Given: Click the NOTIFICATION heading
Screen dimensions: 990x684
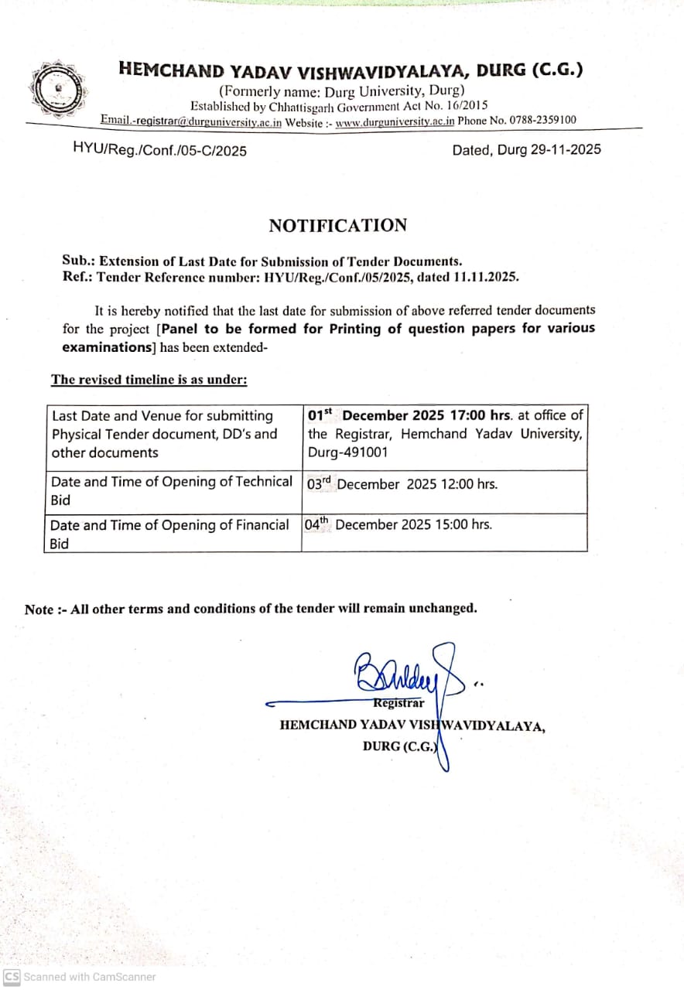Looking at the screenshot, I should pos(337,225).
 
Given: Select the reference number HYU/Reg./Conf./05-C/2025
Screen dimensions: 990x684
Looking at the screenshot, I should pos(159,150).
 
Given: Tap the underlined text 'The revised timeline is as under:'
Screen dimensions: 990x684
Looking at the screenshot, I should pos(149,379).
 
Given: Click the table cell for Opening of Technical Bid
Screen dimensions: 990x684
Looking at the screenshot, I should pos(171,491).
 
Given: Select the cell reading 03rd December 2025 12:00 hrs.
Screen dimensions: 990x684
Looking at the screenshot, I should pos(402,484).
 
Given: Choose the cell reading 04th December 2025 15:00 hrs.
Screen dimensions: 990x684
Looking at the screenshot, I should pos(398,524).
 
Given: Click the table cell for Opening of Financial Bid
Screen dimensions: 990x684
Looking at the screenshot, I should pos(169,534).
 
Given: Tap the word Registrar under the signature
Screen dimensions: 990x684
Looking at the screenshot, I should pos(398,703).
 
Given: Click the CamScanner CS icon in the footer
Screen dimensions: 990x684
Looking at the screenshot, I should pos(12,976).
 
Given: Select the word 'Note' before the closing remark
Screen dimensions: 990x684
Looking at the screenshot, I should pos(39,609).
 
